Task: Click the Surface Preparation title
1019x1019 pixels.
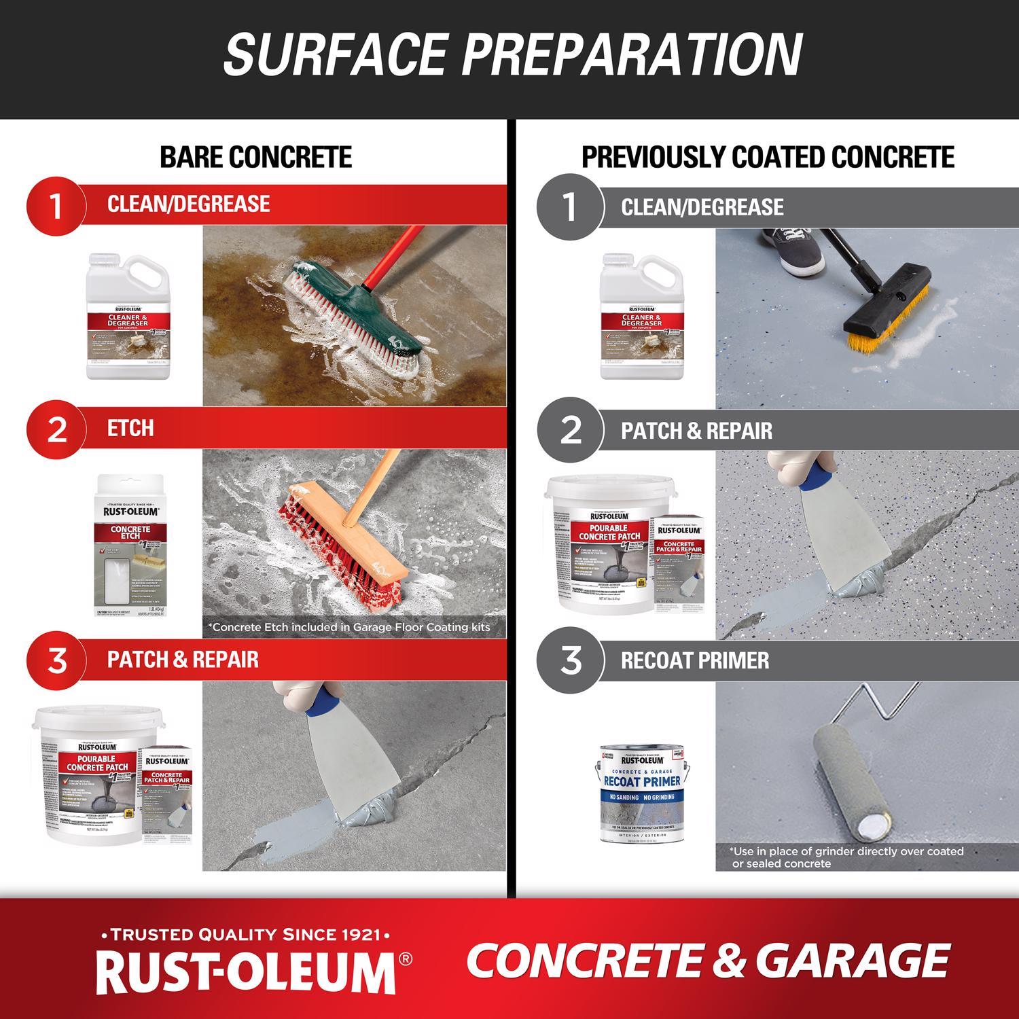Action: click(x=513, y=54)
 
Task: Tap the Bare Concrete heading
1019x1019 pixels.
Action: click(x=255, y=157)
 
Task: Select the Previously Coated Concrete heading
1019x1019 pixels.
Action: click(x=768, y=157)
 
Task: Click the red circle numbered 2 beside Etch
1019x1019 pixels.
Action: click(x=56, y=429)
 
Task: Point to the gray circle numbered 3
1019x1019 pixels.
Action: click(x=569, y=660)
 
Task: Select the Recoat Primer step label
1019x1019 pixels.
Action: click(x=695, y=661)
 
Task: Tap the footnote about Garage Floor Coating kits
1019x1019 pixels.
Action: click(x=351, y=627)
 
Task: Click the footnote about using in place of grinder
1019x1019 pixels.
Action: click(x=846, y=857)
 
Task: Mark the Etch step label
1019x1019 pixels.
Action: click(x=130, y=429)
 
